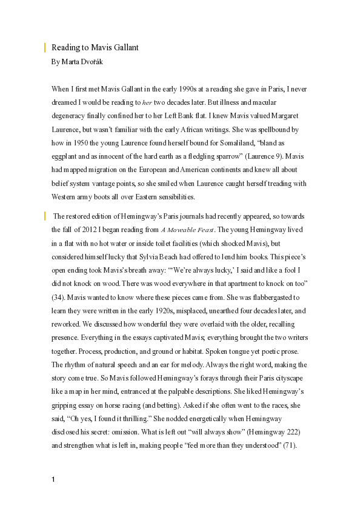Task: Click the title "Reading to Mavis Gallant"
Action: [95, 47]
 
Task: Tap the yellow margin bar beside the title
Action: [45, 47]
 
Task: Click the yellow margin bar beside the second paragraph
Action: [45, 215]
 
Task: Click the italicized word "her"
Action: [147, 103]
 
